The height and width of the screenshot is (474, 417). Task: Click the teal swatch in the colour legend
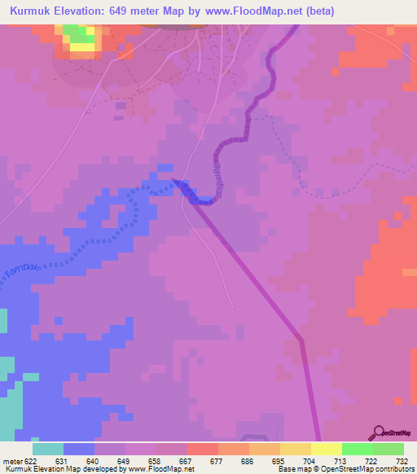(48, 449)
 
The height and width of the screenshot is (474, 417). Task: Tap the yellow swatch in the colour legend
(326, 449)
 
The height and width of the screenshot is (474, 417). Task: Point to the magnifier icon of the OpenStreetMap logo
(377, 432)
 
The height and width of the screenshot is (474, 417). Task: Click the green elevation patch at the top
(77, 34)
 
